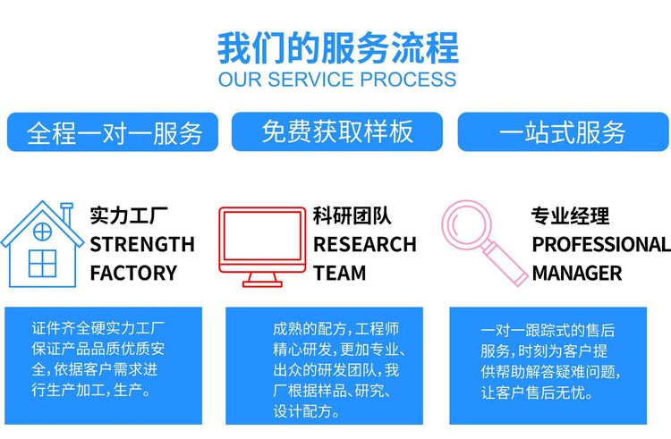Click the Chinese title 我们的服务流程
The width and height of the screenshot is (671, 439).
coord(338,48)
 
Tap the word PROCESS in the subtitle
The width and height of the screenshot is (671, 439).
coord(408,80)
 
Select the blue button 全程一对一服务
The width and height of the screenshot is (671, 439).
coord(113,132)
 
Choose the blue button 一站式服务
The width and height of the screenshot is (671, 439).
coord(563,131)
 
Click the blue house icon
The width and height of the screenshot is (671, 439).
coord(42,244)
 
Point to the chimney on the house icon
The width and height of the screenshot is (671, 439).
coord(66,215)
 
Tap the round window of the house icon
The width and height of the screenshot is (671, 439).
coord(42,232)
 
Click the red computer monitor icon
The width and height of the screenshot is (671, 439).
coord(262,247)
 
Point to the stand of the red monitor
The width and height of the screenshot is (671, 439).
coord(262,281)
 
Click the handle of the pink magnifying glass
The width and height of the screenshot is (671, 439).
coord(506,264)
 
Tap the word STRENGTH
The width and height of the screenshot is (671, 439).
coord(142,244)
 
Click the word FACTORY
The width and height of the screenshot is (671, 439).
coord(133,273)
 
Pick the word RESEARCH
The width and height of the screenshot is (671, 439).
coord(365,244)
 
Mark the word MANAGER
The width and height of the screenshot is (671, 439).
coord(577,273)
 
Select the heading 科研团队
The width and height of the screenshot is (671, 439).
coord(352,215)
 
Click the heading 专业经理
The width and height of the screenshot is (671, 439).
coord(570,215)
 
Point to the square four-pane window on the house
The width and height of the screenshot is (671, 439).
coord(42,264)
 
